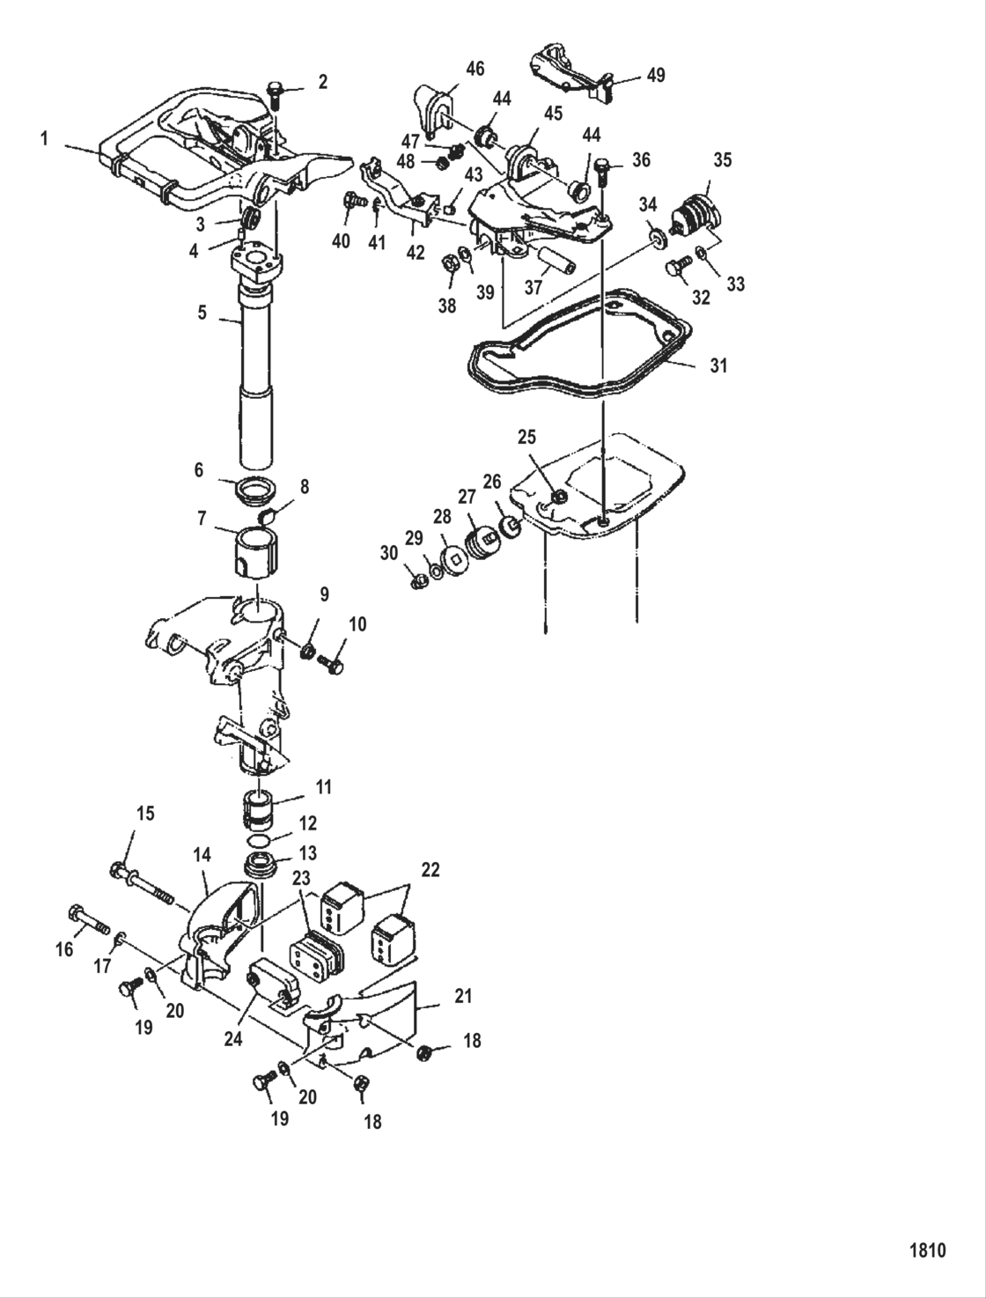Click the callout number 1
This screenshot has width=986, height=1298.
(44, 138)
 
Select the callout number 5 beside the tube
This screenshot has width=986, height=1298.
(202, 313)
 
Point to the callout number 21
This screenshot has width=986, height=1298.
(463, 997)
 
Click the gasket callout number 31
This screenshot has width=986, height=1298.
(718, 365)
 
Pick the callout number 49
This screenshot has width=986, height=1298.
(656, 76)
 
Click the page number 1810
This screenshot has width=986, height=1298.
(926, 1250)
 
